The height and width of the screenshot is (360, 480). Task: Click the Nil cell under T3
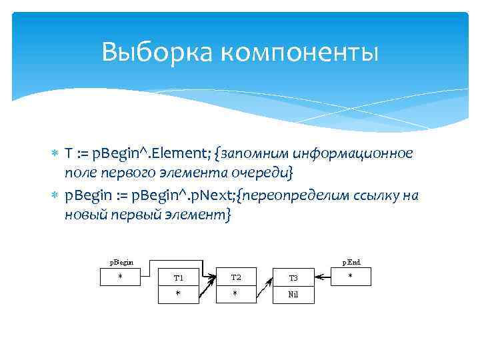[x=293, y=294]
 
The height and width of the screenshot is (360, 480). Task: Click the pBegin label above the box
[x=121, y=262]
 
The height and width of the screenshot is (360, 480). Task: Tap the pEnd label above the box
[x=351, y=262]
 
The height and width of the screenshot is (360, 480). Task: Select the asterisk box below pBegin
[x=121, y=276]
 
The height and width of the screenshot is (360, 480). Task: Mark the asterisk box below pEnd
[x=351, y=276]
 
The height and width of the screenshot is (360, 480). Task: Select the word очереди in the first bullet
[x=265, y=173]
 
